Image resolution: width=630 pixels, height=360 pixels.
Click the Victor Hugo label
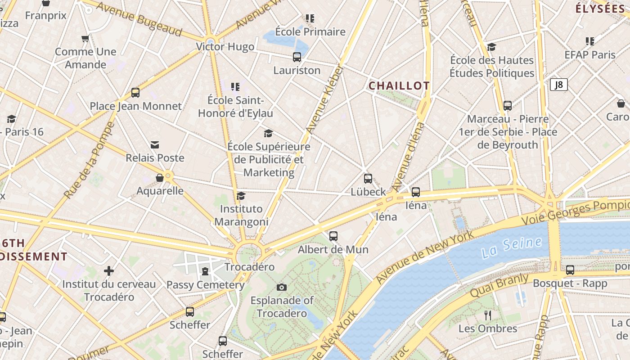pos(225,47)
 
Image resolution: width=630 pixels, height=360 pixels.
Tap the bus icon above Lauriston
pos(297,57)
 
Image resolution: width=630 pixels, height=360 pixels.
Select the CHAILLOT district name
pos(399,85)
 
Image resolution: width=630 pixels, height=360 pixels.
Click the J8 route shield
pos(558,85)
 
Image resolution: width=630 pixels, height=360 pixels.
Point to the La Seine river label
pos(511,247)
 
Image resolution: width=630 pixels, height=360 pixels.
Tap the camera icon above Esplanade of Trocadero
pos(282,287)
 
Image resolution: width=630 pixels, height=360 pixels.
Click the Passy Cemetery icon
pos(205,271)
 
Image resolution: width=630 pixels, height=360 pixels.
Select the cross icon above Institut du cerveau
pos(108,271)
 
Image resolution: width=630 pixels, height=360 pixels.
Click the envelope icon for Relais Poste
pos(155,144)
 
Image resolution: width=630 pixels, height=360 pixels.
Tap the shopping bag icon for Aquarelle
pos(160,178)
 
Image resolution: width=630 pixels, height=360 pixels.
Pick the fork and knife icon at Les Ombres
pos(488,315)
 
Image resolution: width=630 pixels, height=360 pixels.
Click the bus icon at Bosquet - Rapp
pos(570,270)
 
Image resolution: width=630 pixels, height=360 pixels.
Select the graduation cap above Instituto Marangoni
pos(241,196)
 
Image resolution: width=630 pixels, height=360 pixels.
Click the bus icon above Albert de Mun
pos(333,236)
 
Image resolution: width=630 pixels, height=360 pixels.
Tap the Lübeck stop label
pos(368,192)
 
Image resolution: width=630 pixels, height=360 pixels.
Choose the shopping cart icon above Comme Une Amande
pos(85,39)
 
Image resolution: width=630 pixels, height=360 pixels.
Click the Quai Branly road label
pos(499,285)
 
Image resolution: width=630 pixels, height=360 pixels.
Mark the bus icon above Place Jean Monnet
pos(135,93)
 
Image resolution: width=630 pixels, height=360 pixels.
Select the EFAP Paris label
pos(590,55)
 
